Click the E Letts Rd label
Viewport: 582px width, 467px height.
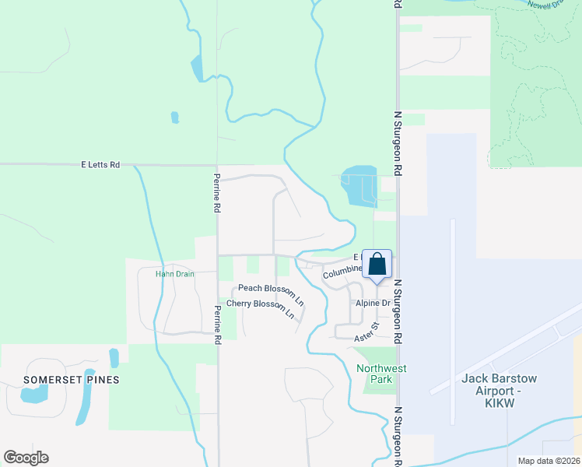coord(101,165)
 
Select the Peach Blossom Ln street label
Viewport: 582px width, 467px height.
coord(271,290)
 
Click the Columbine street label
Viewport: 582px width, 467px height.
coord(343,272)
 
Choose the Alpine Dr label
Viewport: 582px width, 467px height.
coord(373,303)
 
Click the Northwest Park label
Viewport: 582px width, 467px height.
coord(381,374)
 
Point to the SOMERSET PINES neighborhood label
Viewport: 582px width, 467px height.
coord(72,379)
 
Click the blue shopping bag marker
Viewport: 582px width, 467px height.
coord(377,265)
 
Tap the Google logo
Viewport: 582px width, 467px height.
coord(26,458)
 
